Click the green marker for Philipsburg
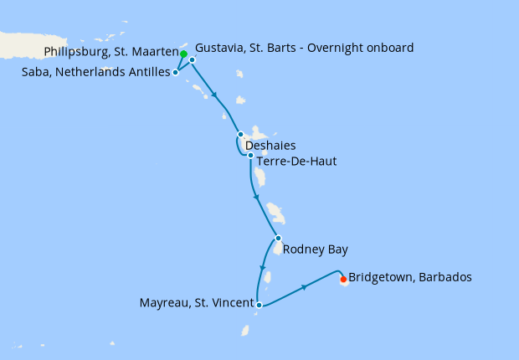point(182,54)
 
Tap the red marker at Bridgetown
point(343,280)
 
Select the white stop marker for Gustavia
point(192,60)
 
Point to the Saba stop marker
point(175,73)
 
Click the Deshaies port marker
point(240,134)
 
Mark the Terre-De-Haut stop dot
point(250,155)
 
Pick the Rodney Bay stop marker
point(278,238)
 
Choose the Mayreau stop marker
point(259,305)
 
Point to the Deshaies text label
point(270,145)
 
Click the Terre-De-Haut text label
point(297,161)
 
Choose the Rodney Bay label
point(315,249)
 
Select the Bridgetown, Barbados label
point(409,276)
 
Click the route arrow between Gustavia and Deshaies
point(217,96)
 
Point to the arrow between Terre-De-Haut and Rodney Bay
point(255,198)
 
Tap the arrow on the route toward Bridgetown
point(305,287)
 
